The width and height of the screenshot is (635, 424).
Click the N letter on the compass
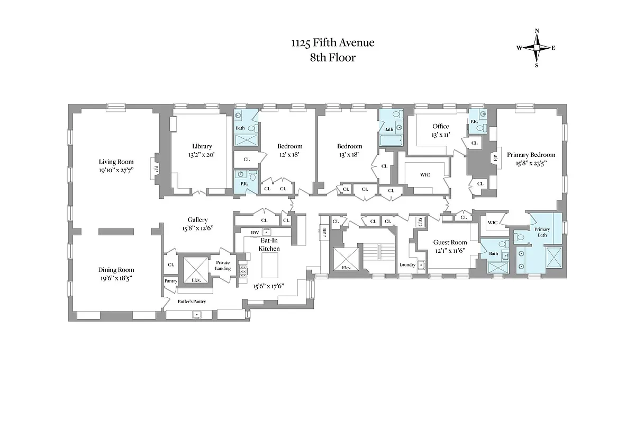[537, 31]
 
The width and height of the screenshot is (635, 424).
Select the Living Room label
[116, 162]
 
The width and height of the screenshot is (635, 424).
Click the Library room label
[202, 146]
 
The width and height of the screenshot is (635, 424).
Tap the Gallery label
[197, 219]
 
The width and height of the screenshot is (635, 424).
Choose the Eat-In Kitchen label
[269, 244]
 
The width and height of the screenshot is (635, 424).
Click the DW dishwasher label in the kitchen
[255, 233]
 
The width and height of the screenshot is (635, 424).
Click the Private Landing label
[223, 266]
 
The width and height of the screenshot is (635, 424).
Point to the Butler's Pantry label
[192, 302]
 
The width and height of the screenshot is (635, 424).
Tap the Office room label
[440, 126]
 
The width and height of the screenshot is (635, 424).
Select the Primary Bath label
[542, 232]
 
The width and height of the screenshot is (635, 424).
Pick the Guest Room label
[450, 242]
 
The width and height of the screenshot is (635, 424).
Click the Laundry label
[407, 264]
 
